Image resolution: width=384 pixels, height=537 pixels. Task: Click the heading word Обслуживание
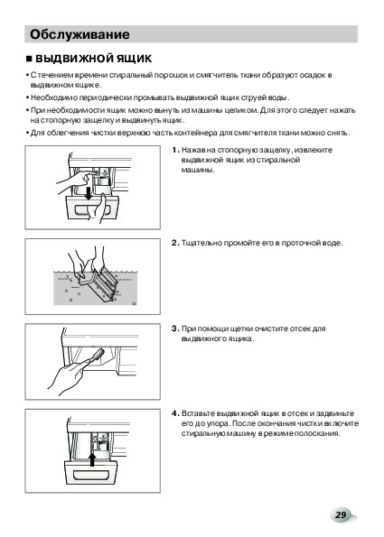tap(80, 34)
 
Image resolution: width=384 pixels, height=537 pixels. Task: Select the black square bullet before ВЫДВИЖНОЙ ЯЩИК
tap(29, 59)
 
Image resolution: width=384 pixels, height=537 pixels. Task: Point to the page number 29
tap(341, 514)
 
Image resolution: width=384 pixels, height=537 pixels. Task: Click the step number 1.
tap(175, 150)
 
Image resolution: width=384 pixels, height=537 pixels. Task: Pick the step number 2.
tap(175, 243)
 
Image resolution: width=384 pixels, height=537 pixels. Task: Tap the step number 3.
tap(175, 329)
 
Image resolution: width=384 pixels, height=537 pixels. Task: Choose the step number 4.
tap(175, 413)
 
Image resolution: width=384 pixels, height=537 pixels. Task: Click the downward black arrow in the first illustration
tap(89, 193)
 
